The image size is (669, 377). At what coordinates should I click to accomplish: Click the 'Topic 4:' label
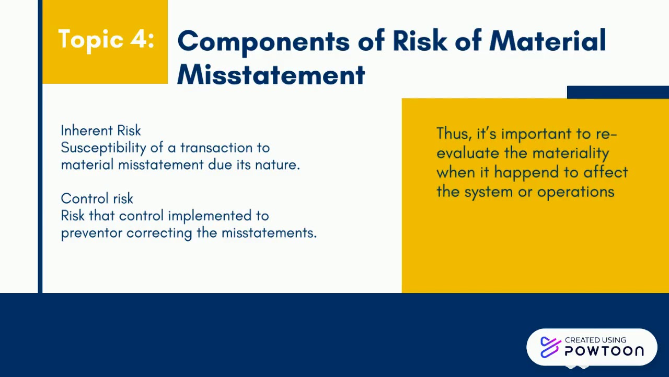point(106,39)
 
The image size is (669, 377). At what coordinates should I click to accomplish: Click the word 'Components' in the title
point(263,41)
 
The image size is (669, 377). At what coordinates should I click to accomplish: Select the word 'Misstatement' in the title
point(271,75)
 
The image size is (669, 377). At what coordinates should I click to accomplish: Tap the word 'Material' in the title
point(547,41)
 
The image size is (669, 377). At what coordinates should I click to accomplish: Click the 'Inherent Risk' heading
point(101,130)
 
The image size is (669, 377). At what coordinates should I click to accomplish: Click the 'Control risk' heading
point(97,198)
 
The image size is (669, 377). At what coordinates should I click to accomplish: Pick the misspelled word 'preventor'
point(92,232)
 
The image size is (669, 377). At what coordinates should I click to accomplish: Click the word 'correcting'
point(159,232)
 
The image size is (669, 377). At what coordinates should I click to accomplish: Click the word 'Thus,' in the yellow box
point(454,134)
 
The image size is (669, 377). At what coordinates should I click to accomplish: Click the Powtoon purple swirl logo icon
point(550,347)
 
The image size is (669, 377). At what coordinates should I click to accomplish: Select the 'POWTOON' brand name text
point(604,351)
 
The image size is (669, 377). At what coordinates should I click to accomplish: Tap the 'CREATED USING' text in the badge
point(595,340)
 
